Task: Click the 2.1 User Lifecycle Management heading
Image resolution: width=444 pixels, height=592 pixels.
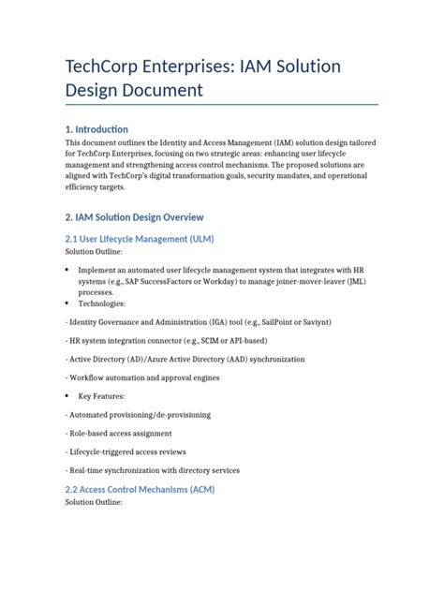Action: pos(140,239)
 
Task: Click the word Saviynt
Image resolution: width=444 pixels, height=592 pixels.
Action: pos(310,321)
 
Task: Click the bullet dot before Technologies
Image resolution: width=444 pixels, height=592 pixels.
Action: pos(67,303)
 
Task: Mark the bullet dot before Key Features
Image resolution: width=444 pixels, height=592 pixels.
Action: pos(67,395)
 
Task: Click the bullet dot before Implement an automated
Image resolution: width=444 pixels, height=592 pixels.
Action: pos(67,268)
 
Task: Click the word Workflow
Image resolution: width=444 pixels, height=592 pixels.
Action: pos(91,377)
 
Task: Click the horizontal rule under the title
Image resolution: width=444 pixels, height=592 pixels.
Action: pos(221,104)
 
